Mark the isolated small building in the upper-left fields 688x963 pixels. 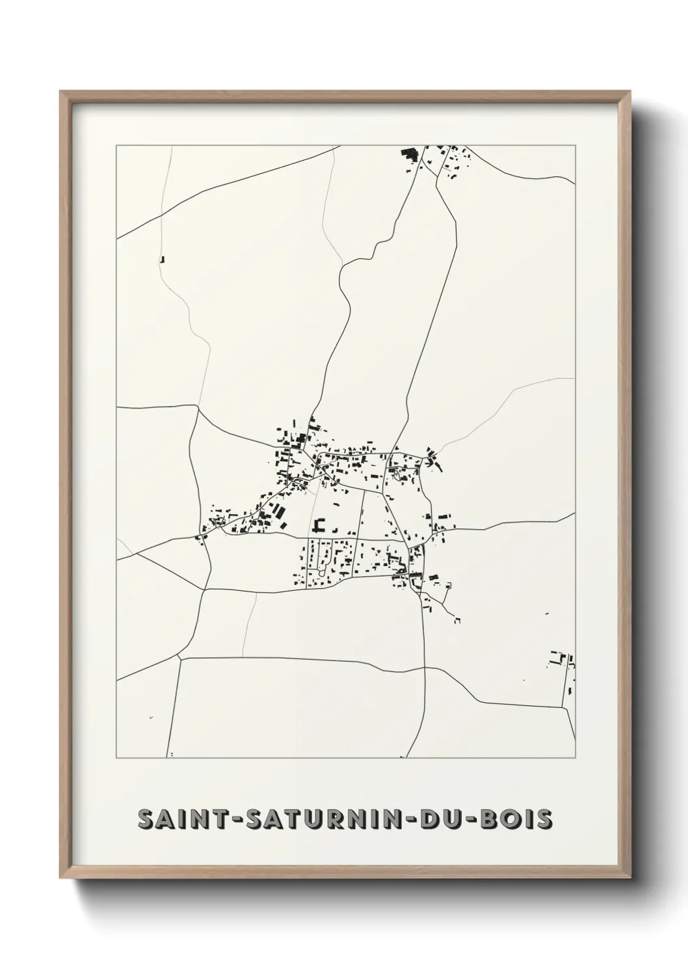pos(162,259)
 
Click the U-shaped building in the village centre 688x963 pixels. pos(319,526)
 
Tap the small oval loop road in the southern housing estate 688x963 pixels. pos(322,571)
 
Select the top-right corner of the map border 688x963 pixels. pos(575,146)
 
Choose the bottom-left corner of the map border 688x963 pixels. pos(116,758)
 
